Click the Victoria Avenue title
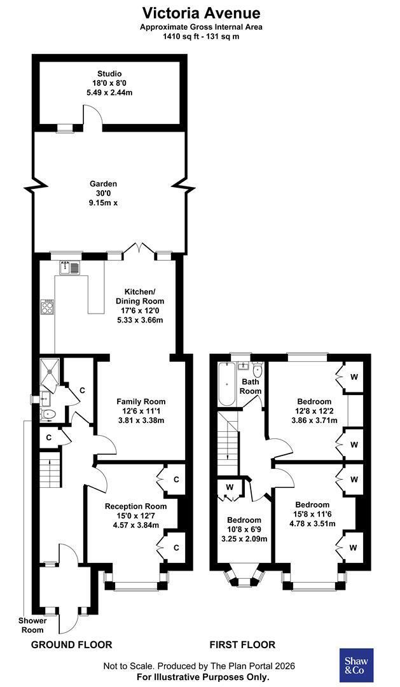[x=201, y=13]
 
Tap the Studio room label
[x=109, y=74]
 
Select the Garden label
[x=104, y=184]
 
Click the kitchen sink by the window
[x=70, y=267]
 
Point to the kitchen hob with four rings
[x=47, y=307]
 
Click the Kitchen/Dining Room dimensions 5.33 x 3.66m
[x=140, y=320]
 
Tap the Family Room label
[x=141, y=401]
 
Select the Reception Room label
[x=136, y=506]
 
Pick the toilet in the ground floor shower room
[x=47, y=413]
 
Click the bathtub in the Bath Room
[x=227, y=384]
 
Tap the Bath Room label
[x=251, y=387]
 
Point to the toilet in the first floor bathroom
[x=258, y=370]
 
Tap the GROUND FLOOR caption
[x=71, y=644]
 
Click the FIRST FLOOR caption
[x=242, y=644]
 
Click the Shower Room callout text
[x=32, y=625]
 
